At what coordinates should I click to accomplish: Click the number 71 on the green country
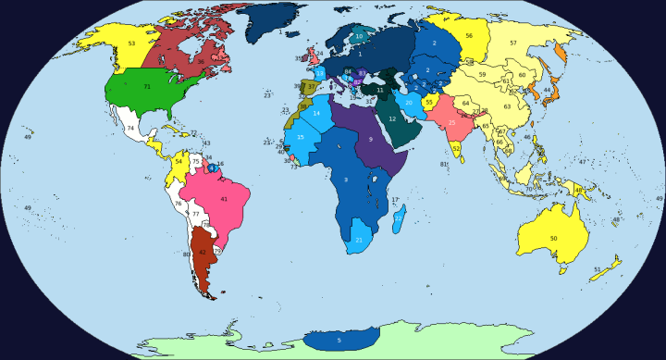[x=147, y=86]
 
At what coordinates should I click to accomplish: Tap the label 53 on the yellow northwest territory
[x=131, y=43]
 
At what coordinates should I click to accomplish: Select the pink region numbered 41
[x=223, y=199]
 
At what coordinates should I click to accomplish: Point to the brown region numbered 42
[x=203, y=252]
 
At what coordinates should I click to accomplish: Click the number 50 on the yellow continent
[x=553, y=239]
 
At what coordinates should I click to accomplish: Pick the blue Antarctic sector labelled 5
[x=339, y=341]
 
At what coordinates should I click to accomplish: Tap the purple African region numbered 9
[x=370, y=139]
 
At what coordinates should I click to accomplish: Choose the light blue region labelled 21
[x=359, y=241]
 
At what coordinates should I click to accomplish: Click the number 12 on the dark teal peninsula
[x=392, y=118]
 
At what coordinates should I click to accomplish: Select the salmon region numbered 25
[x=451, y=122]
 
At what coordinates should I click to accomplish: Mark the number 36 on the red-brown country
[x=201, y=61]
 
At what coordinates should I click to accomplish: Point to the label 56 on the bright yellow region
[x=470, y=35]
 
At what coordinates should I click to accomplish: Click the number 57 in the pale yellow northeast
[x=513, y=43]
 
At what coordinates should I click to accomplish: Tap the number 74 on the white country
[x=130, y=128]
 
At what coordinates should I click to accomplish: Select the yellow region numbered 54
[x=179, y=161]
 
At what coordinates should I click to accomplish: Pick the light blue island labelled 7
[x=398, y=218]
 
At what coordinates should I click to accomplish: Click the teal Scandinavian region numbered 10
[x=360, y=36]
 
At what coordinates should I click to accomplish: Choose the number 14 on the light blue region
[x=316, y=113]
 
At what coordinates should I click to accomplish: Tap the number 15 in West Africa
[x=301, y=137]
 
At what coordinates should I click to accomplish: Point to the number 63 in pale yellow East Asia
[x=507, y=106]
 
